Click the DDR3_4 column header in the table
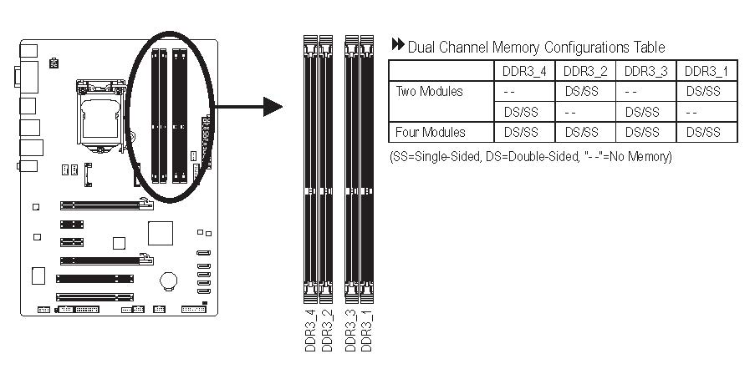click(523, 71)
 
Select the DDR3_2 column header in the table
click(584, 71)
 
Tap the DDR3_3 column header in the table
click(645, 71)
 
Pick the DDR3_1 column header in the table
click(707, 71)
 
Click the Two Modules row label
click(429, 91)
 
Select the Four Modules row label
click(431, 132)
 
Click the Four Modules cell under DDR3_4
click(523, 132)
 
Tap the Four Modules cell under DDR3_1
click(707, 132)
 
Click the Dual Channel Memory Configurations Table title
click(536, 47)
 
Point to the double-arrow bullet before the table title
click(398, 46)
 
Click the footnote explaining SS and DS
click(531, 156)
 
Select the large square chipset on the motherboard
click(160, 235)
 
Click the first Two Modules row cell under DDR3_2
click(584, 91)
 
